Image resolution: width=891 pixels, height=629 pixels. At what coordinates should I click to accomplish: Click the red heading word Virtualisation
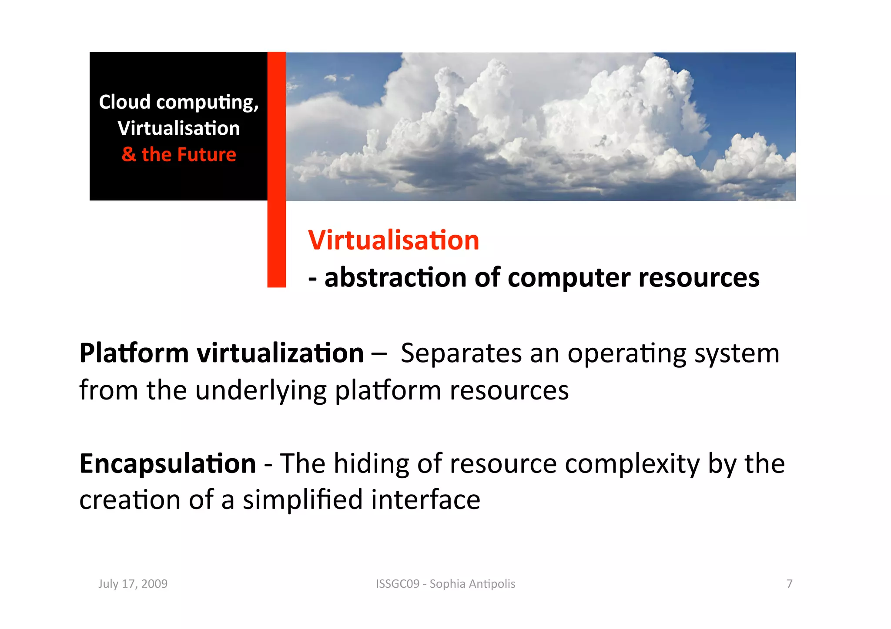point(393,240)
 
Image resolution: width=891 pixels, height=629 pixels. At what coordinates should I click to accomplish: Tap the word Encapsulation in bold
point(167,463)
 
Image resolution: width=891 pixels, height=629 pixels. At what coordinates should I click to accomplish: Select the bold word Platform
point(134,353)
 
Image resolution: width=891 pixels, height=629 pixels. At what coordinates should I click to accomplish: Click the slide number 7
point(789,583)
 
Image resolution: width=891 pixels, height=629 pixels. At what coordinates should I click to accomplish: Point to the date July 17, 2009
point(133,583)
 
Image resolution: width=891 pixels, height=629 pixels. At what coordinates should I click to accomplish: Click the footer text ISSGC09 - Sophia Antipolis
point(445,583)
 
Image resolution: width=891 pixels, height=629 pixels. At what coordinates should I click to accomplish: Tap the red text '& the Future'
point(179,155)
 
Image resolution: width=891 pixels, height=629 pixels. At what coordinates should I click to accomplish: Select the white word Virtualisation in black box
point(179,128)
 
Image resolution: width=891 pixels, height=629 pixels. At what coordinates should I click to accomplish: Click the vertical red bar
point(276,170)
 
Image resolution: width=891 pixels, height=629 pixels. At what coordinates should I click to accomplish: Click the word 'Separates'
point(461,353)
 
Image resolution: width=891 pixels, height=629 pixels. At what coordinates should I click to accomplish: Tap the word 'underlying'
point(261,390)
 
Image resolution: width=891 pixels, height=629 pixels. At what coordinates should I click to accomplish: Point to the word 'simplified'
point(302,500)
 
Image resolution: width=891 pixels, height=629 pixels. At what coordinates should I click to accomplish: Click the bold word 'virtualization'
point(280,353)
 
